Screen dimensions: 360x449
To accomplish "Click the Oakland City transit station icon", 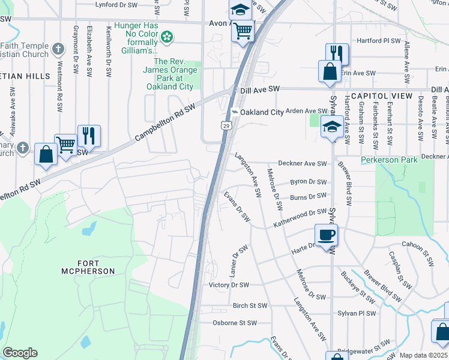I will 235,112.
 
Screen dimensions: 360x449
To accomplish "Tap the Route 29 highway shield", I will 225,125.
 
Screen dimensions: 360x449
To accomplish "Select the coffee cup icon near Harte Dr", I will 326,235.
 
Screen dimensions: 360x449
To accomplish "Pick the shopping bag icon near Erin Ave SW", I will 330,71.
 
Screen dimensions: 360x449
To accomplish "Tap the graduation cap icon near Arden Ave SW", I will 331,127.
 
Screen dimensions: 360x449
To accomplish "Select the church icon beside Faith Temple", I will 58,49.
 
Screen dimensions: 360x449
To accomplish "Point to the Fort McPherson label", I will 88,267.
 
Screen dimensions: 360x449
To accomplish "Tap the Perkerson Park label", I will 388,160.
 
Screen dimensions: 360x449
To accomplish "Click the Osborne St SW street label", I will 235,323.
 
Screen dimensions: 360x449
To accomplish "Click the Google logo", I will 20,353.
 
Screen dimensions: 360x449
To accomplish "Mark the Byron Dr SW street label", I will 308,182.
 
